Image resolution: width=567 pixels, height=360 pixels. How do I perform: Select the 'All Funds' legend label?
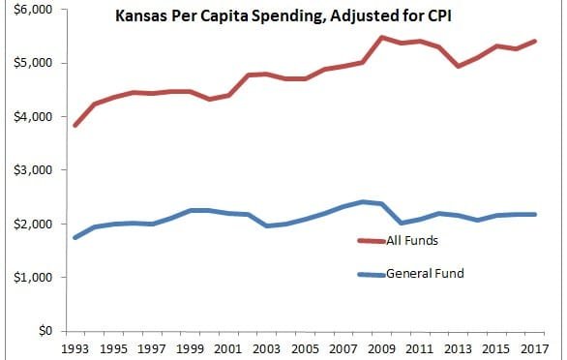point(412,240)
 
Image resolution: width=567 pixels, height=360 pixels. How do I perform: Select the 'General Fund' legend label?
point(425,274)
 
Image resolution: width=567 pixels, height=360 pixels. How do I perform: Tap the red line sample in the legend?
point(372,240)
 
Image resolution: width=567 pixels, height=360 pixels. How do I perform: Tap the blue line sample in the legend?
point(372,274)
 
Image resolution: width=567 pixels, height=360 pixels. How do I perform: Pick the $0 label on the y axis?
point(42,331)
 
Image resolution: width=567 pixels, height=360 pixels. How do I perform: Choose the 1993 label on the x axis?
point(75,347)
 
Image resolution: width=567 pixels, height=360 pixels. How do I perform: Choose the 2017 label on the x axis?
point(535,347)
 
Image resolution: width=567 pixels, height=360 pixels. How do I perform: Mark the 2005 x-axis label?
point(306,347)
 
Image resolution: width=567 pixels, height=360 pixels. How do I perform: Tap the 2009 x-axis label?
point(382,347)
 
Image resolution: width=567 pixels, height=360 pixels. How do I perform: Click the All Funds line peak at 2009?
point(382,38)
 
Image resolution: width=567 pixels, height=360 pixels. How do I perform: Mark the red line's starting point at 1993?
point(75,126)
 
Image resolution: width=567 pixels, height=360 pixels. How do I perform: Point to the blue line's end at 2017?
point(535,214)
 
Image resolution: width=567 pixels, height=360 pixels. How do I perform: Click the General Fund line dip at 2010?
point(402,223)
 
